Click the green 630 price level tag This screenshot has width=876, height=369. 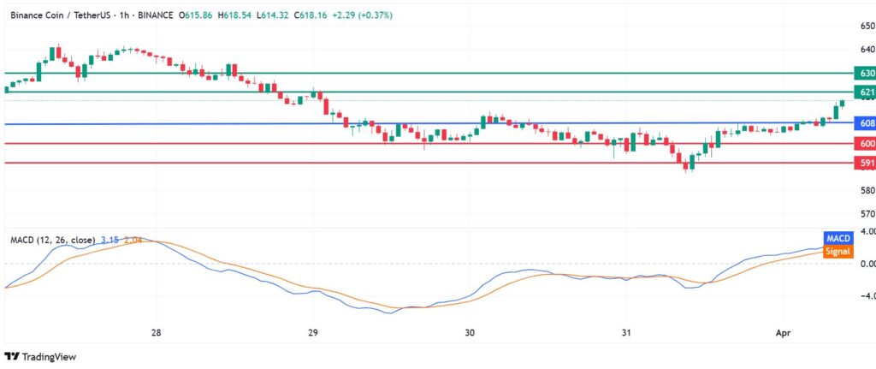click(x=864, y=74)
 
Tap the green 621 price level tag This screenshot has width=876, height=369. click(x=864, y=92)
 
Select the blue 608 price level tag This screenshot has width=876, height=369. click(x=864, y=124)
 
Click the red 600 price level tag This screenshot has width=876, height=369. click(x=864, y=144)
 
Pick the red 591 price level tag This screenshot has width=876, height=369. click(x=864, y=163)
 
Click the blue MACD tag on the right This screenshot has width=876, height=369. click(x=837, y=237)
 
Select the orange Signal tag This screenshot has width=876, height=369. click(x=838, y=251)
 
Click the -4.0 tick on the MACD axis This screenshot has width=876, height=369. click(x=864, y=296)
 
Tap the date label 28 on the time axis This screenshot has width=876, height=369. click(x=156, y=331)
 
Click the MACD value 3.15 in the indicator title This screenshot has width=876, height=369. click(x=109, y=240)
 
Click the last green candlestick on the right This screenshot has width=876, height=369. click(x=843, y=103)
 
